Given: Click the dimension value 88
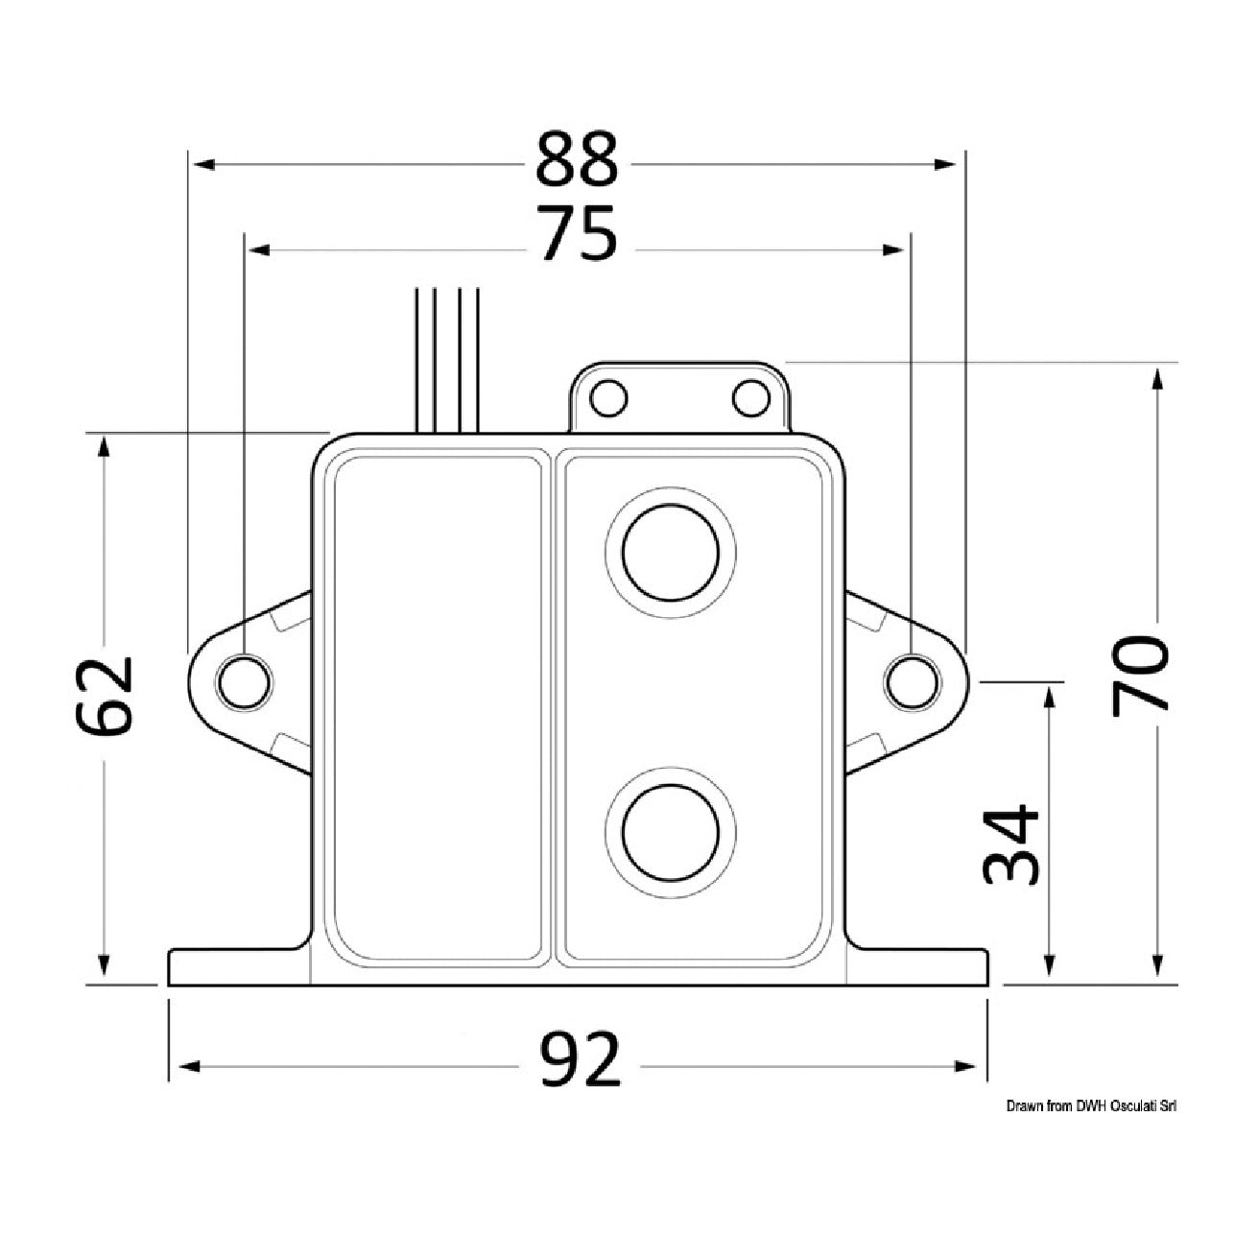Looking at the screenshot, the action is [577, 158].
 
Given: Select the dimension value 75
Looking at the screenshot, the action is [579, 234].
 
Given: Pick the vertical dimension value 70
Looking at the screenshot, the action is [1140, 675].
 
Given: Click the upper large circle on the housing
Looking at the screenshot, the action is [671, 552].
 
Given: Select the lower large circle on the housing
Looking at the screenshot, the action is [671, 833].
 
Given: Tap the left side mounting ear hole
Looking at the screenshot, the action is [244, 681].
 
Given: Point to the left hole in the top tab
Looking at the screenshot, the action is [608, 398].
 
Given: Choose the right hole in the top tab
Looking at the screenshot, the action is [750, 398].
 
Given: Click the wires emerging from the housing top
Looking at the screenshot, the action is [447, 360].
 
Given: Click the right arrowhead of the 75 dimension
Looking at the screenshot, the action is [893, 249].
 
